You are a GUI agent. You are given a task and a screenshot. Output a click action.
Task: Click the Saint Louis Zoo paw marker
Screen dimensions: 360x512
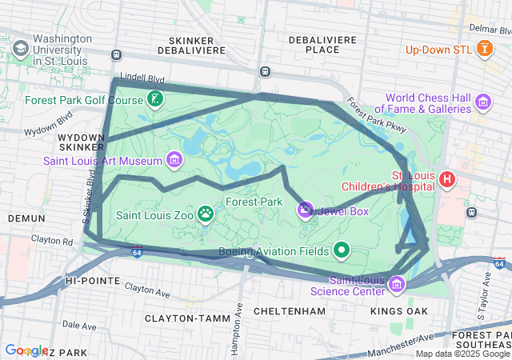click(206, 214)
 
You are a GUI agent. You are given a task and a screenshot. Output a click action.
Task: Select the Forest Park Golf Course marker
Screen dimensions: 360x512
click(155, 100)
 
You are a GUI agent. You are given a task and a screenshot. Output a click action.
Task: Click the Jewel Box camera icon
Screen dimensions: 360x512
click(305, 210)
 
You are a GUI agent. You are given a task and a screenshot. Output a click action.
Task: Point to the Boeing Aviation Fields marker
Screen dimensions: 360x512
click(342, 250)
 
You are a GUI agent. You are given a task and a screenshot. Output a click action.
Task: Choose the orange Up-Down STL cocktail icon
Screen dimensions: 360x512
click(483, 50)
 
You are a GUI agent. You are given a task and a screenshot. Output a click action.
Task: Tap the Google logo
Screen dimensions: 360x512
click(26, 350)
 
